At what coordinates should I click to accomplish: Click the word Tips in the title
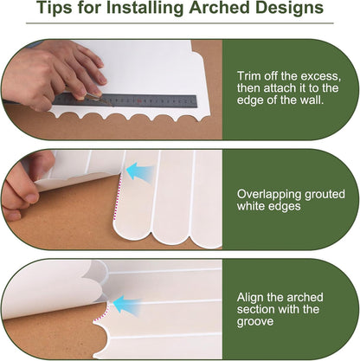[55, 8]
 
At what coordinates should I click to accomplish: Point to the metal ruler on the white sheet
[125, 100]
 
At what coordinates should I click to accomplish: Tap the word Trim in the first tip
[247, 76]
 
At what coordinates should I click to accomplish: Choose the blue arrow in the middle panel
[140, 171]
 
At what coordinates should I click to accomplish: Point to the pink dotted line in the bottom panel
[102, 313]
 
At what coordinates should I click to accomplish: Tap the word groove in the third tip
[255, 321]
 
